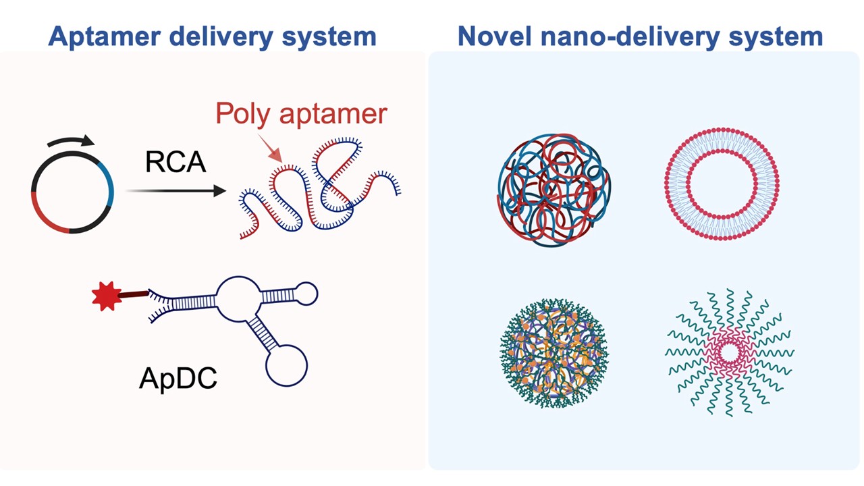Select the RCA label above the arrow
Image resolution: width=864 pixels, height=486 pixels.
point(175,162)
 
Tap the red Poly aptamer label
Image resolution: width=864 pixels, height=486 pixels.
point(301,113)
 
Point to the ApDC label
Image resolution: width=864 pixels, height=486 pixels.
point(178,379)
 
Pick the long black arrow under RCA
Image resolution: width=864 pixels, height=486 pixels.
point(175,192)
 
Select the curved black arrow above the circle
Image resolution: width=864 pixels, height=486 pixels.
point(71,142)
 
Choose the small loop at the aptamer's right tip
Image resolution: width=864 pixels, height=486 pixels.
point(306,294)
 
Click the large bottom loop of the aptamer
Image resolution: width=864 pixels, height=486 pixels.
point(286,365)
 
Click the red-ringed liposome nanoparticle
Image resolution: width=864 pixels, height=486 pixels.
point(722,182)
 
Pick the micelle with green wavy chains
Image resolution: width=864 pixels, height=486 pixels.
point(729,352)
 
